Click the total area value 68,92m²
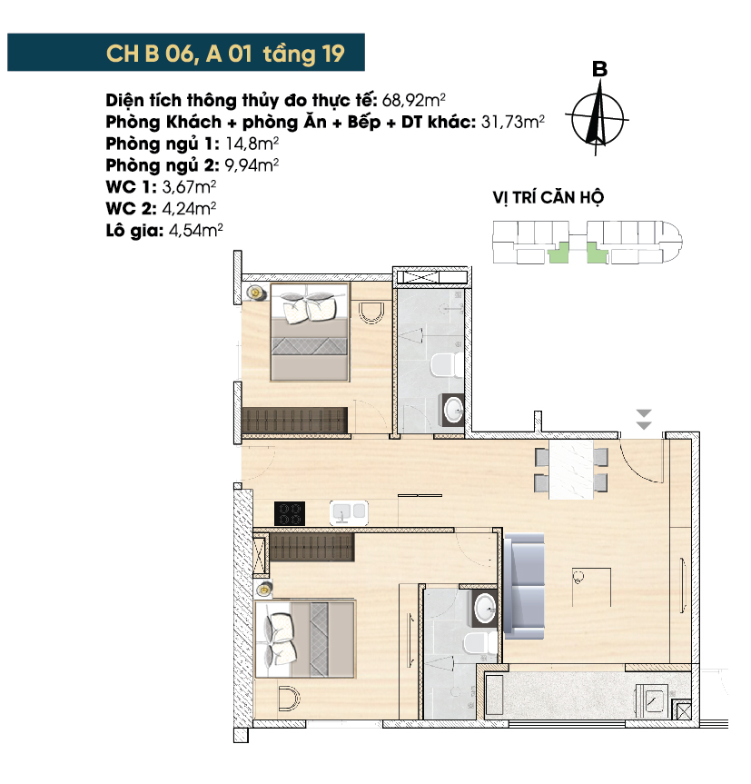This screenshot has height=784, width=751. point(413,101)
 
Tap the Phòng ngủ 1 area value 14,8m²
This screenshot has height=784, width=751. point(252,144)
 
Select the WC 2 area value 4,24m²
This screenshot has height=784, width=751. point(188,209)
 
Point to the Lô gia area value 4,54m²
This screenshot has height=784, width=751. point(195,231)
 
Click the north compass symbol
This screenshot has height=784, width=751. point(598,116)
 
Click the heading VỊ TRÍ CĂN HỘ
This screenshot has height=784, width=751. point(548,197)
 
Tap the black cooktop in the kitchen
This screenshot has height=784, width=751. point(290,513)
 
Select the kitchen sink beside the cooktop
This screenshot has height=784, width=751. point(349,513)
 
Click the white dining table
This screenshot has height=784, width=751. point(571,470)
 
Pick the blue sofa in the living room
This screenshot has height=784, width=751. point(524,587)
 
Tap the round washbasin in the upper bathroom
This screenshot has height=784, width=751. point(454,410)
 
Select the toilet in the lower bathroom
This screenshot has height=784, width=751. point(480,644)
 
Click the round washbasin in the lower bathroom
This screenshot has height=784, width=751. point(485,609)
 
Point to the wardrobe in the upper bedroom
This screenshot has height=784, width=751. point(294,421)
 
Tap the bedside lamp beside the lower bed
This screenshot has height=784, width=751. point(263,590)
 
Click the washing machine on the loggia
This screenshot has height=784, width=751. point(653,701)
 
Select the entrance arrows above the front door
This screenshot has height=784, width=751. point(644,419)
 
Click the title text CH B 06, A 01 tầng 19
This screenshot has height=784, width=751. point(225,54)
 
